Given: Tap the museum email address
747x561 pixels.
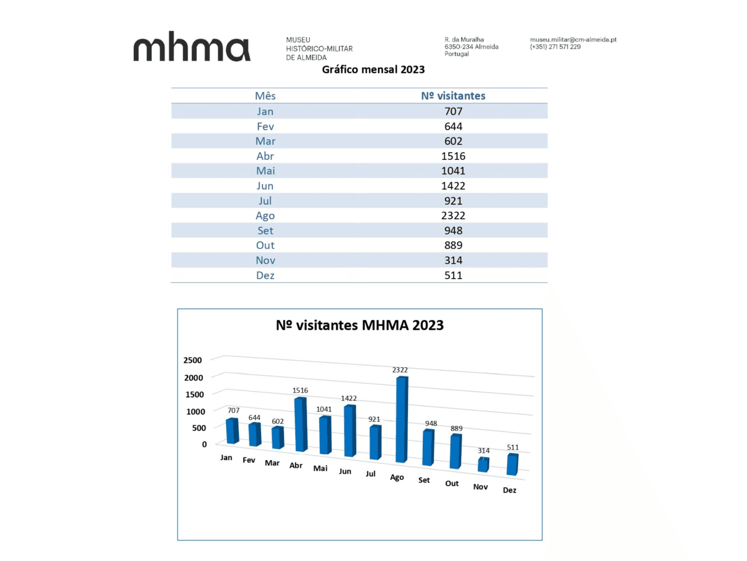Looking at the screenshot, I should tap(573, 39).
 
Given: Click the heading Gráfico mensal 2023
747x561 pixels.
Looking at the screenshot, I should tap(373, 70).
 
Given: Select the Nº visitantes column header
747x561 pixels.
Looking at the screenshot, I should tap(453, 96).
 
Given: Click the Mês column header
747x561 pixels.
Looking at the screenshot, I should tap(265, 96).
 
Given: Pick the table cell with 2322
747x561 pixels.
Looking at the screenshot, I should tap(453, 216).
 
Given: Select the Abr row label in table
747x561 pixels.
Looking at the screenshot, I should tap(265, 156).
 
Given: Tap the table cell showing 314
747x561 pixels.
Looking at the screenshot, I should tap(453, 261).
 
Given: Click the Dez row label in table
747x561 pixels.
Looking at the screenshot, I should tap(265, 276).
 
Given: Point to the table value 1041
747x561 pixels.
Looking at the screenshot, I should tap(453, 171).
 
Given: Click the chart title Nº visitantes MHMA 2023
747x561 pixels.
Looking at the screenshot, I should tap(359, 325).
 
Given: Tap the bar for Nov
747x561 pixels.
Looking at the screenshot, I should tap(483, 464).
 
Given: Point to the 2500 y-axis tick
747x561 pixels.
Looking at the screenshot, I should tap(192, 360).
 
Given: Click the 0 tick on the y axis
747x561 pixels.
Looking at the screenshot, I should tap(204, 445).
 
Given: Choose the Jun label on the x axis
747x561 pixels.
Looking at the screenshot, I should tap(345, 472).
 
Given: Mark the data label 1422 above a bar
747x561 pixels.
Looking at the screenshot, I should tap(349, 398).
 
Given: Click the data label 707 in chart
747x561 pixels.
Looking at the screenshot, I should tap(233, 410).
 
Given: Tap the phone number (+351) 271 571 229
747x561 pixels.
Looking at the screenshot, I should tap(555, 47).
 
